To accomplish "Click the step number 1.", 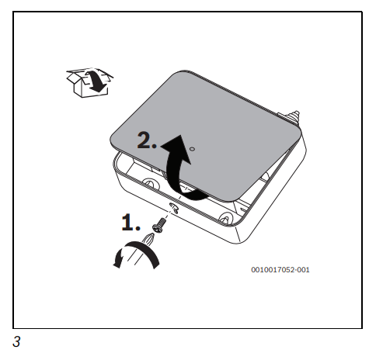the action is (x=131, y=222).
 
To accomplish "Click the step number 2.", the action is (x=147, y=140).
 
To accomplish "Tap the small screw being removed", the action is (x=159, y=225).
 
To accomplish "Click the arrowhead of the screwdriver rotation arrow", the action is (x=118, y=260).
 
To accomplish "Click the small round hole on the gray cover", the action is (x=192, y=149).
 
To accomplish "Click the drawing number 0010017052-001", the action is (x=280, y=270).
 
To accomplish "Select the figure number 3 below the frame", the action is (x=16, y=341).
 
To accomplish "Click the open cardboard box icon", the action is (x=89, y=82).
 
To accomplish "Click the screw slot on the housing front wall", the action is (x=174, y=208).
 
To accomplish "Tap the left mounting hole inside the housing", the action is (x=149, y=183).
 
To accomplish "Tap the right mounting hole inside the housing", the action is (x=226, y=217).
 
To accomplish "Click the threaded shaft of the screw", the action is (x=162, y=222).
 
